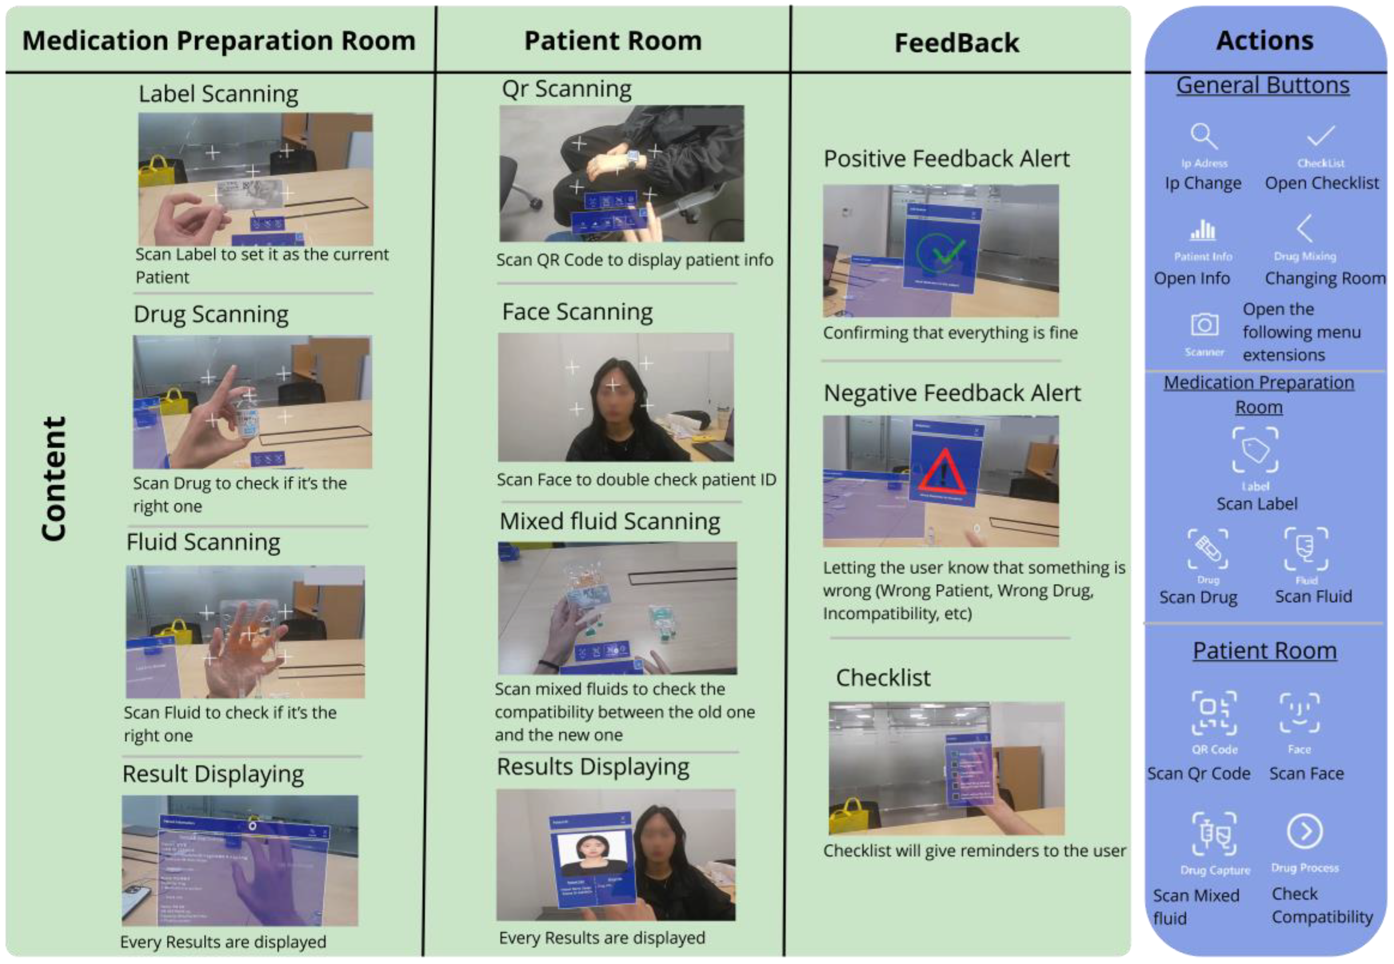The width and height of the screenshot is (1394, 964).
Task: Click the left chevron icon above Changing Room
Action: pos(1304,228)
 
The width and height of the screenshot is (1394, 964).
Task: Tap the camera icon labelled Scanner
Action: pos(1204,324)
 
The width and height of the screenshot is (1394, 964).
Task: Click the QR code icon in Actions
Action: pos(1213,713)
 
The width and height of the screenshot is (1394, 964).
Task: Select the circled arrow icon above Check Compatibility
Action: pos(1304,832)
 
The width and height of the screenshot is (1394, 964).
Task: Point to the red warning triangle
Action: pos(941,472)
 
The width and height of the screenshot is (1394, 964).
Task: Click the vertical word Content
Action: pos(53,478)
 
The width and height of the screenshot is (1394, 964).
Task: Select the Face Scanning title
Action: pos(577,312)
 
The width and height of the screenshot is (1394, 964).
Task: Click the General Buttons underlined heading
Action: pos(1262,86)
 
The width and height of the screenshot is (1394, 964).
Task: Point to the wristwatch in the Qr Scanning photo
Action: pos(633,158)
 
